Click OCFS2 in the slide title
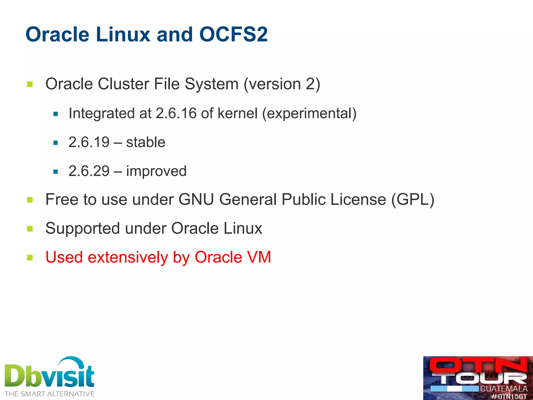click(x=233, y=34)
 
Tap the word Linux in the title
click(x=123, y=34)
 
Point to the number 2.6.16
click(x=176, y=113)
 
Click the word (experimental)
click(x=309, y=113)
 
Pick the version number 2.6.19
click(x=89, y=142)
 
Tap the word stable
click(x=146, y=142)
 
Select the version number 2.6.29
click(x=89, y=171)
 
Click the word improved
click(x=156, y=171)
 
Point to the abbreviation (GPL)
click(x=413, y=199)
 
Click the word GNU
click(x=196, y=199)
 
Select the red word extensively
click(x=128, y=257)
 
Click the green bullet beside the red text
click(x=30, y=258)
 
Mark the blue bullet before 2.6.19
click(x=55, y=143)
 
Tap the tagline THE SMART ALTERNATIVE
click(x=49, y=394)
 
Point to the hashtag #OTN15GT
click(x=509, y=396)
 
